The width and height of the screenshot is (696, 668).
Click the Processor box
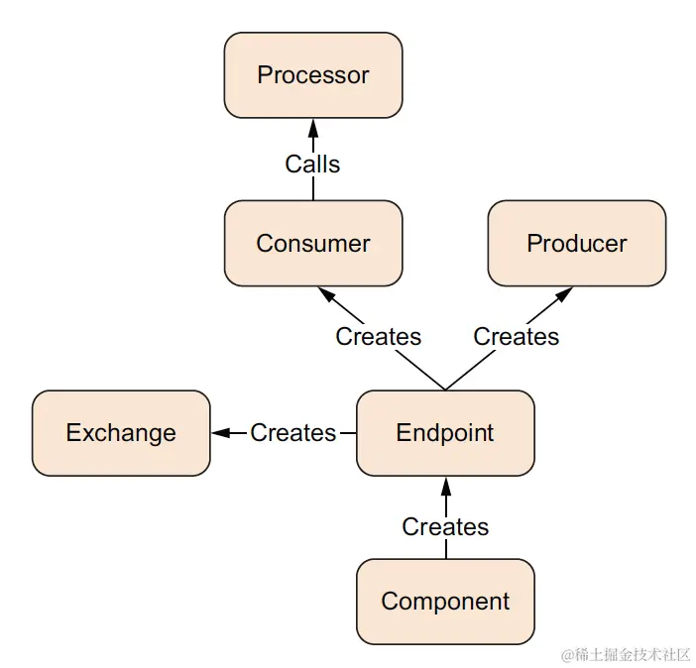(313, 75)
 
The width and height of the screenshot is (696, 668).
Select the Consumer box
(313, 244)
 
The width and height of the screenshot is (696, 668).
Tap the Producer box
(577, 244)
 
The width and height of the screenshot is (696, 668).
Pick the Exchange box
(121, 433)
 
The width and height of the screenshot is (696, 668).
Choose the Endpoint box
(445, 433)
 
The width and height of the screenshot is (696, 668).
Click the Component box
(445, 602)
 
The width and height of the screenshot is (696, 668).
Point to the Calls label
(313, 164)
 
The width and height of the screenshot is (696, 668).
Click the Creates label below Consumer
(378, 337)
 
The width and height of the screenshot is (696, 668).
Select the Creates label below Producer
(516, 337)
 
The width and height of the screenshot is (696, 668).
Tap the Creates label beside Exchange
(293, 433)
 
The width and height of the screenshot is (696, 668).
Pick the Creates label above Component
(445, 526)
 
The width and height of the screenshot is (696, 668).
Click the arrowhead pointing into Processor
(313, 127)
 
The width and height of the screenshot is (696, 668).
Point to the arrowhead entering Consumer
(326, 294)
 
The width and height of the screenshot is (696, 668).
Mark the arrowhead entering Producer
(564, 294)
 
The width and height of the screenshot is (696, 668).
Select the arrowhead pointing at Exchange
(221, 433)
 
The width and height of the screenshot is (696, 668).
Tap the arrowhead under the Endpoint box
(445, 485)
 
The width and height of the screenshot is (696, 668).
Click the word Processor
(313, 75)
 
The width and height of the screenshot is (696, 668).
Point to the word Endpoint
(445, 433)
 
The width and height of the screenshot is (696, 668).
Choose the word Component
(445, 602)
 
